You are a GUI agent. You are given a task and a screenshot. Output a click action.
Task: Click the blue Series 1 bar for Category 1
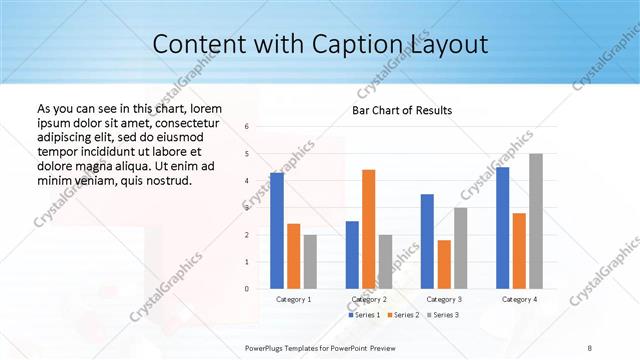click(x=277, y=231)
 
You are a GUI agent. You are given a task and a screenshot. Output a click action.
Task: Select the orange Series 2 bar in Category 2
click(x=368, y=229)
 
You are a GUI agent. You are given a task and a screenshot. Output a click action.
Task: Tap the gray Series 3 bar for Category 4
click(x=536, y=221)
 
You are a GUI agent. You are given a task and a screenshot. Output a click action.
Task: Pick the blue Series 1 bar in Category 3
click(x=427, y=241)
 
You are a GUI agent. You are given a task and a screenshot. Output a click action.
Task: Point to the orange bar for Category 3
click(x=444, y=264)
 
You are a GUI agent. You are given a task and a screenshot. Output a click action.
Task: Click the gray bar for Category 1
click(x=310, y=261)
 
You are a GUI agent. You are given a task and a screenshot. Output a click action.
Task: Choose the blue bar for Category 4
click(x=502, y=228)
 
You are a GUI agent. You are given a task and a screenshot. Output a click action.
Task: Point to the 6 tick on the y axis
click(x=246, y=127)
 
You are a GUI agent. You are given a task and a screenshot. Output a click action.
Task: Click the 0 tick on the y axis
click(x=246, y=289)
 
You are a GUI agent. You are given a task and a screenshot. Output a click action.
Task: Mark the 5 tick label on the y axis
click(x=246, y=154)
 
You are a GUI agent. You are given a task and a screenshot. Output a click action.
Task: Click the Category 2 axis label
click(x=369, y=299)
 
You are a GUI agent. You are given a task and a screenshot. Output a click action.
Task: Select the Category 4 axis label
click(x=519, y=299)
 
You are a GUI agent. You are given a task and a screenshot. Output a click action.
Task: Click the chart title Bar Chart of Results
click(x=402, y=109)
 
